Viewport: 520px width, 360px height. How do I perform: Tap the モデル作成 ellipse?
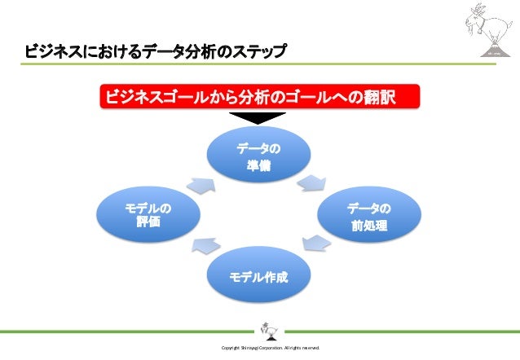[x=259, y=277]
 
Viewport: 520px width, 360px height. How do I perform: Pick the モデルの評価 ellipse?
[x=148, y=216]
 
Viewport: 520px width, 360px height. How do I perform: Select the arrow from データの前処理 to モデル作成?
[x=315, y=242]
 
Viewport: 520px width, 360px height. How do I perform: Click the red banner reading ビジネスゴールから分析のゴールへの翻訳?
[x=259, y=98]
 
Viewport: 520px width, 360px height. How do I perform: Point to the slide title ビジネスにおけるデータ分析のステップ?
[x=156, y=53]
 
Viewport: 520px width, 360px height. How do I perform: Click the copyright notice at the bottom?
[x=270, y=348]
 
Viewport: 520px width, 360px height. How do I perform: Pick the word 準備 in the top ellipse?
[x=259, y=166]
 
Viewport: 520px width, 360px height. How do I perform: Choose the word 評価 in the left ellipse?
[x=148, y=223]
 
